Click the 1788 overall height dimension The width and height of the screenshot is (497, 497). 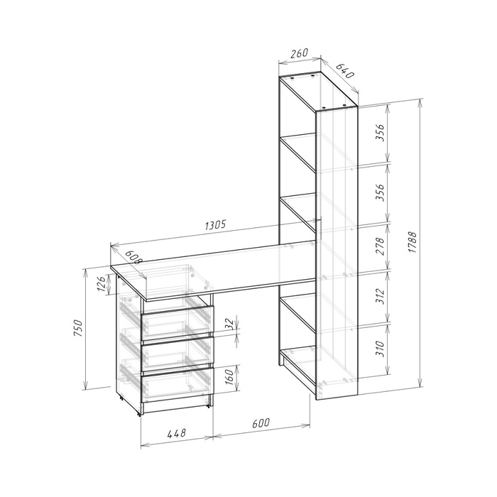click(412, 242)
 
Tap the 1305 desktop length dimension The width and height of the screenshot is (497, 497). click(216, 225)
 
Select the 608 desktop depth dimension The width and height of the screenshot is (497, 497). click(133, 257)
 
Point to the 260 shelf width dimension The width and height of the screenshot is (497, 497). click(299, 53)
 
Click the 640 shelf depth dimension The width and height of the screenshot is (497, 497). click(344, 71)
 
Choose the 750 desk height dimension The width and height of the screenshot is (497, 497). click(78, 328)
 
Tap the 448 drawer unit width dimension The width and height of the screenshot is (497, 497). click(177, 432)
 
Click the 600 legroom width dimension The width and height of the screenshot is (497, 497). click(261, 423)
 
